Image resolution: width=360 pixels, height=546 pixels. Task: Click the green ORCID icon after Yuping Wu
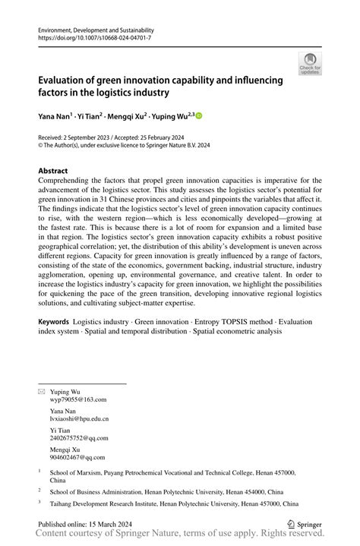[x=200, y=116]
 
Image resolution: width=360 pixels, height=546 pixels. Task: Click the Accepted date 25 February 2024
[x=162, y=139]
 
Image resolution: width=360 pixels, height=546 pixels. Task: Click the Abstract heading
[x=58, y=171]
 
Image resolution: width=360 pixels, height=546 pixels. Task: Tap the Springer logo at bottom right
[x=303, y=523]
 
